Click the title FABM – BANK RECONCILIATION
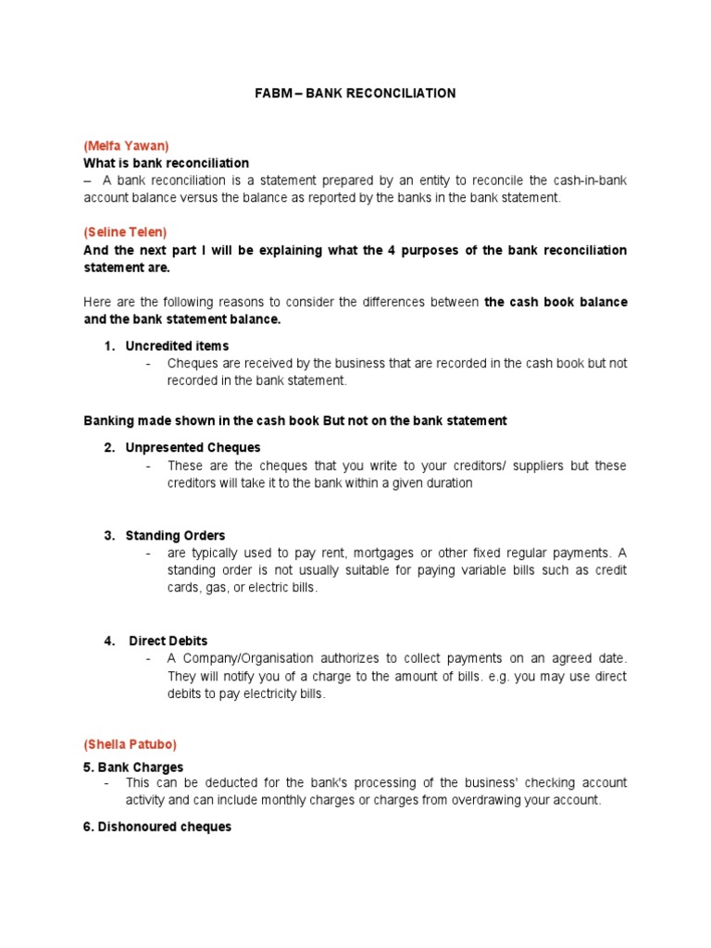[355, 94]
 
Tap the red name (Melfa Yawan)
[127, 145]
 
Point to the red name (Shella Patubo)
[130, 744]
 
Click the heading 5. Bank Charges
[133, 767]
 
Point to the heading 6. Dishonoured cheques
[157, 827]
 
